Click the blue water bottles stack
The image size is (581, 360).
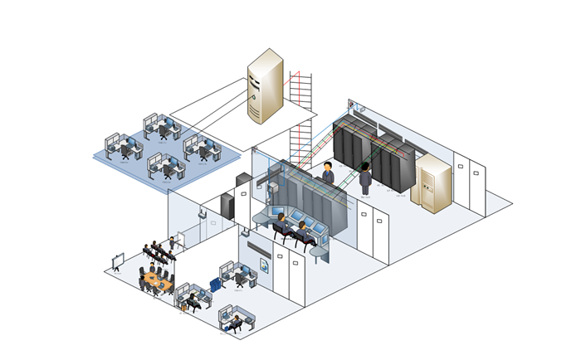tap(216, 285)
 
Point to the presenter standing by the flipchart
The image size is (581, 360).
tap(172, 244)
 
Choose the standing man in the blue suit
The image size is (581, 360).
tap(329, 173)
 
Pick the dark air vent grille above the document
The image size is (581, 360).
tap(257, 248)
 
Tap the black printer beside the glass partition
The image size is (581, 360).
tap(242, 179)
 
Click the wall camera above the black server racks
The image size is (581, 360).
tap(352, 105)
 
